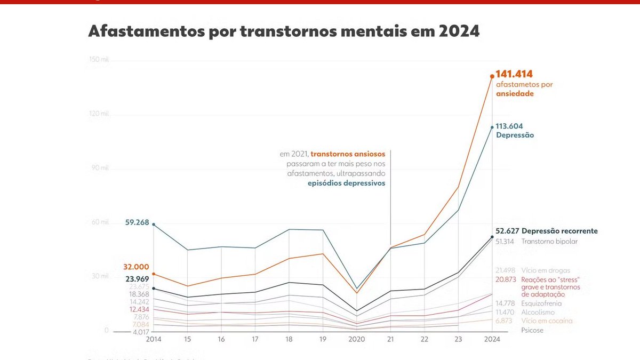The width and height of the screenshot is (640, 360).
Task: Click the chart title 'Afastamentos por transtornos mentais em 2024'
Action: pos(284,31)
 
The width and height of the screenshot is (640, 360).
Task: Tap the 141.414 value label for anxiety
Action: pos(514,74)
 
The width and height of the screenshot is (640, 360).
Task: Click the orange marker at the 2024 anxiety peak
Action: pos(492,76)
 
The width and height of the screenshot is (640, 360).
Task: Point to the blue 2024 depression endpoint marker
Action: pos(492,127)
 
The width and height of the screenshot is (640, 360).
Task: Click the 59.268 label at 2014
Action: pos(137,222)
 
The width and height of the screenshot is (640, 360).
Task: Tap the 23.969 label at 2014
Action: pos(137,278)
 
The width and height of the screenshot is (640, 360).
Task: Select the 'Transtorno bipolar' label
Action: pos(549,241)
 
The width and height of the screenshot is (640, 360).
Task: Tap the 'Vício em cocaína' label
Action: pos(547,321)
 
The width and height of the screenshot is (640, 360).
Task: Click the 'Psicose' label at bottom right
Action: pos(532,330)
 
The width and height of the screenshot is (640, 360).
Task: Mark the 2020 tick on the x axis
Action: pos(356,340)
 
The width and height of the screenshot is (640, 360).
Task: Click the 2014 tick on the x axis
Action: pos(154,340)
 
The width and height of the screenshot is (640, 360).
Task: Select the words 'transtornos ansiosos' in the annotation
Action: pos(348,154)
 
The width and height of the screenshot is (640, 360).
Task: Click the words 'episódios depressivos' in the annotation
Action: pos(346,183)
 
